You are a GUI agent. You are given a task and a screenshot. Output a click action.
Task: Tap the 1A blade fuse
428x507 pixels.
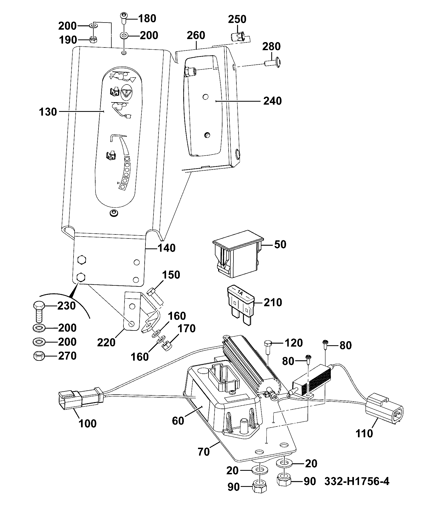pyautogui.click(x=241, y=305)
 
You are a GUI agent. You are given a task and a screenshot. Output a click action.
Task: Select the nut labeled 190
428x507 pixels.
pyautogui.click(x=93, y=40)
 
